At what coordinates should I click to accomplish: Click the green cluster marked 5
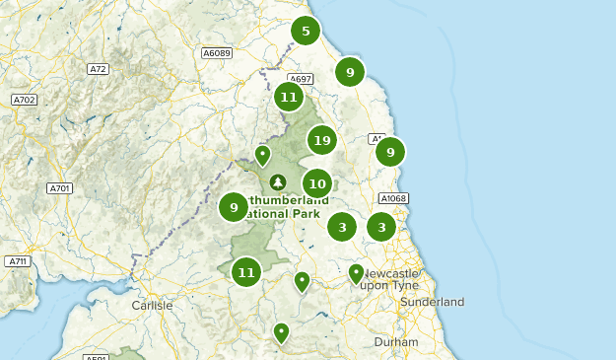tap(306, 32)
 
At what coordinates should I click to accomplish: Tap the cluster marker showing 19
tap(321, 141)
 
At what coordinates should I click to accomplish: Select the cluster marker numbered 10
tap(316, 182)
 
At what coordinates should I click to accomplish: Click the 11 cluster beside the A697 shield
tap(288, 97)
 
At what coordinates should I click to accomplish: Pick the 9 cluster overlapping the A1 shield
tap(390, 152)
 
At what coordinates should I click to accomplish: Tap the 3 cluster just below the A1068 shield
tap(381, 227)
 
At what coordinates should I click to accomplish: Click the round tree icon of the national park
tap(278, 182)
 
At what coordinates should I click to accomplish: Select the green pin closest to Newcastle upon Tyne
tap(356, 272)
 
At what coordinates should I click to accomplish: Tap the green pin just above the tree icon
tap(262, 154)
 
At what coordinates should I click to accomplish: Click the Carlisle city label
tap(152, 306)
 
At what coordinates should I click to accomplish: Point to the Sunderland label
tap(433, 302)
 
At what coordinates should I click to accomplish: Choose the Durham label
tap(396, 342)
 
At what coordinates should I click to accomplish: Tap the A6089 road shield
tap(216, 52)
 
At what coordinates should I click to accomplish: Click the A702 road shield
tap(24, 100)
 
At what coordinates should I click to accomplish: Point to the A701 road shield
tap(60, 187)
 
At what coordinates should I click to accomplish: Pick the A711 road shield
tap(17, 261)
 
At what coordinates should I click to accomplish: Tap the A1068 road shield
tap(392, 198)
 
